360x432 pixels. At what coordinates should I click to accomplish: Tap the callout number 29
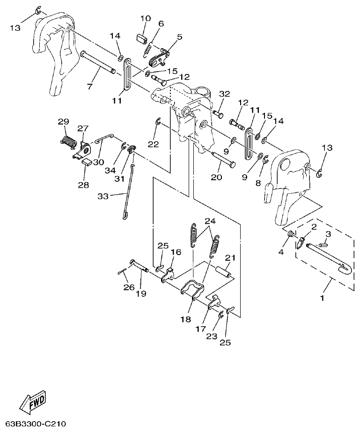click(x=63, y=122)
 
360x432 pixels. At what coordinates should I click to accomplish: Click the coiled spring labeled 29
click(x=69, y=141)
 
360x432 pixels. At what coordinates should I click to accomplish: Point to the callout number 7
click(x=90, y=87)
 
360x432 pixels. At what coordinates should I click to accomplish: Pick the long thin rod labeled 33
click(x=128, y=192)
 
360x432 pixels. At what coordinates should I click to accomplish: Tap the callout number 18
click(x=185, y=319)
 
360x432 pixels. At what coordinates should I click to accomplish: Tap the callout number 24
click(x=210, y=221)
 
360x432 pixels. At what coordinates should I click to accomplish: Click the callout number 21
click(x=229, y=258)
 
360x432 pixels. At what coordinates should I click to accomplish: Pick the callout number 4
click(x=281, y=252)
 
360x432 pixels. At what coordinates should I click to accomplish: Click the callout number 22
click(x=154, y=144)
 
